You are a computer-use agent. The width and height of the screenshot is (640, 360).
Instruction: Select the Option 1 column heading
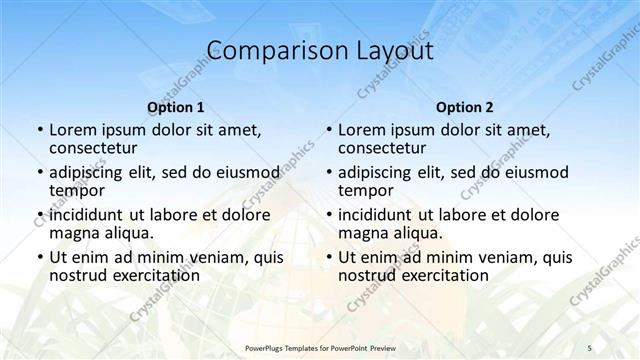click(x=175, y=107)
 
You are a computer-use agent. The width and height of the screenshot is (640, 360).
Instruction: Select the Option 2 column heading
click(x=465, y=107)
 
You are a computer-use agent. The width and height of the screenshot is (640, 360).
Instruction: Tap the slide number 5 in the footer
click(x=590, y=347)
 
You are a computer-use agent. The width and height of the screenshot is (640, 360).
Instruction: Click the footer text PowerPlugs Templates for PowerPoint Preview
click(x=320, y=347)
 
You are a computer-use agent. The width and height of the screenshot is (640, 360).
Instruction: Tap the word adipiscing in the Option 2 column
click(x=379, y=172)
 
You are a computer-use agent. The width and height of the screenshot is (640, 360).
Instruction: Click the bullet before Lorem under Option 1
click(x=39, y=131)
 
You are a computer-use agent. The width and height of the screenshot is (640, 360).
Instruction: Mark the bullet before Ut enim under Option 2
click(x=328, y=257)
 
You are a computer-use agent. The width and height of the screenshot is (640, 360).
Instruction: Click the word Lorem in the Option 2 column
click(x=361, y=130)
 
